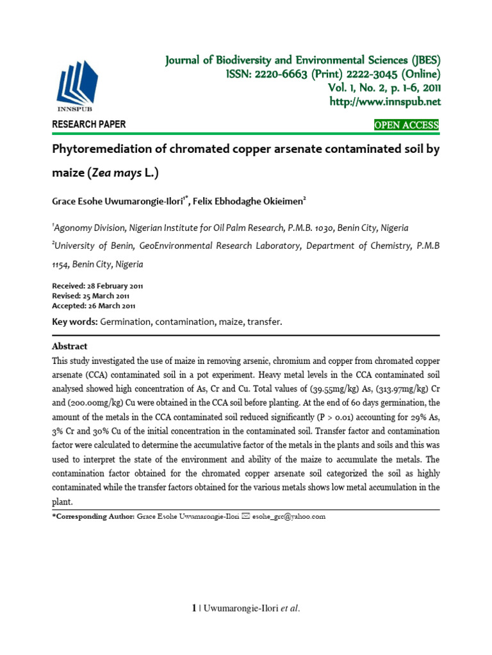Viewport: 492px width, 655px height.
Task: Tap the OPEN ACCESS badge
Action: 407,125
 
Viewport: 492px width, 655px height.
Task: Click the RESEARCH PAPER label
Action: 88,125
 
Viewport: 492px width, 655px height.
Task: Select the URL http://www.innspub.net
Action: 384,102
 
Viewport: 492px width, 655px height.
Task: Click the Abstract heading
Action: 70,345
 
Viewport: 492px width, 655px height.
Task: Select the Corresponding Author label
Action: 93,516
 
